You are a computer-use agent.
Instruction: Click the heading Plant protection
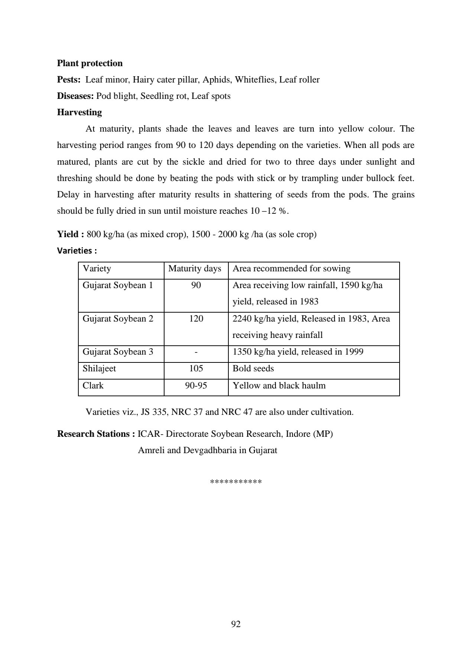click(89, 63)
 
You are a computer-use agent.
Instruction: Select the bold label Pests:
click(69, 80)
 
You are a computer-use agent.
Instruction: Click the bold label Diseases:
click(75, 96)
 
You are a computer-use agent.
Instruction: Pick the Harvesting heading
click(79, 112)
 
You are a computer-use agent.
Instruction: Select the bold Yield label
click(70, 234)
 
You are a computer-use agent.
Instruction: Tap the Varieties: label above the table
click(77, 251)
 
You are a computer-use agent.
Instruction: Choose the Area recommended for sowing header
click(291, 268)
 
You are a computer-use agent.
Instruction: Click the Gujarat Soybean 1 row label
click(118, 285)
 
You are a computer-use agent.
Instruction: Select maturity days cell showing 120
click(196, 319)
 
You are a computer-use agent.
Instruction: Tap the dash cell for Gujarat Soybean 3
click(196, 352)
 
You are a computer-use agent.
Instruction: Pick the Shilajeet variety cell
click(99, 368)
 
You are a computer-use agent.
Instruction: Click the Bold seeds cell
click(253, 368)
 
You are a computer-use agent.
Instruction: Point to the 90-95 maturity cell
click(196, 385)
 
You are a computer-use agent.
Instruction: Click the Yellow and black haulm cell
click(279, 385)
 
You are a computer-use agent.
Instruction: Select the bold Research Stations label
click(96, 434)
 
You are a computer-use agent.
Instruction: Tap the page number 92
click(236, 624)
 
